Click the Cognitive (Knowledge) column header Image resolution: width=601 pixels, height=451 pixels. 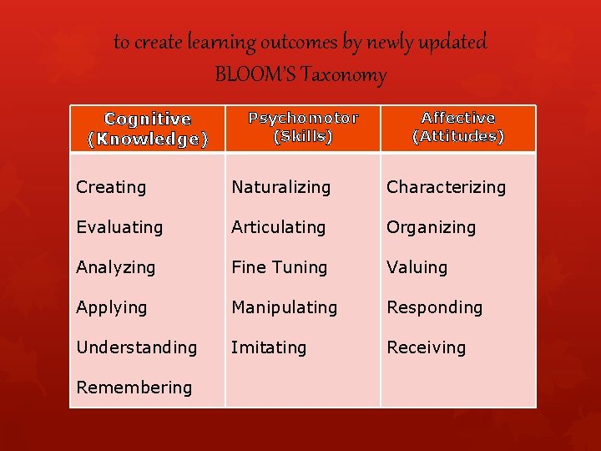point(148,129)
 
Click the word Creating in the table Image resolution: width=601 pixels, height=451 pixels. point(111,187)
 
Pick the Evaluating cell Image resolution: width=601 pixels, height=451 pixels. point(119,227)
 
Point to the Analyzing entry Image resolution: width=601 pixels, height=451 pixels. point(115,267)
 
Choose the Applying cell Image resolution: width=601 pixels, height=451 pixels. point(111,307)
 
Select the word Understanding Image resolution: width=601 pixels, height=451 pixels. point(136,347)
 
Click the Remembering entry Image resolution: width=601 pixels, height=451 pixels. point(134,388)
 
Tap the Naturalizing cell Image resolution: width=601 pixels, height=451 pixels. point(280,187)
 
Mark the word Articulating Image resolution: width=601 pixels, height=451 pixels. point(278,227)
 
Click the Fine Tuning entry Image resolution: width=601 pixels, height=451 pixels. point(279,267)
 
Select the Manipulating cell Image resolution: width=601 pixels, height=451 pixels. point(284,307)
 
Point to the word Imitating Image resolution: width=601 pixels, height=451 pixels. point(269,347)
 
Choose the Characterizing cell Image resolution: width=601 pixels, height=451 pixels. point(446,187)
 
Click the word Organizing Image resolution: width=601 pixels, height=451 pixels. point(431,227)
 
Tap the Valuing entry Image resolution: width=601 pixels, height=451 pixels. point(417,267)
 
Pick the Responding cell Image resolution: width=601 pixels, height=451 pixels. point(434,307)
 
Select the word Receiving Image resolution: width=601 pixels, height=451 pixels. point(426,347)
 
